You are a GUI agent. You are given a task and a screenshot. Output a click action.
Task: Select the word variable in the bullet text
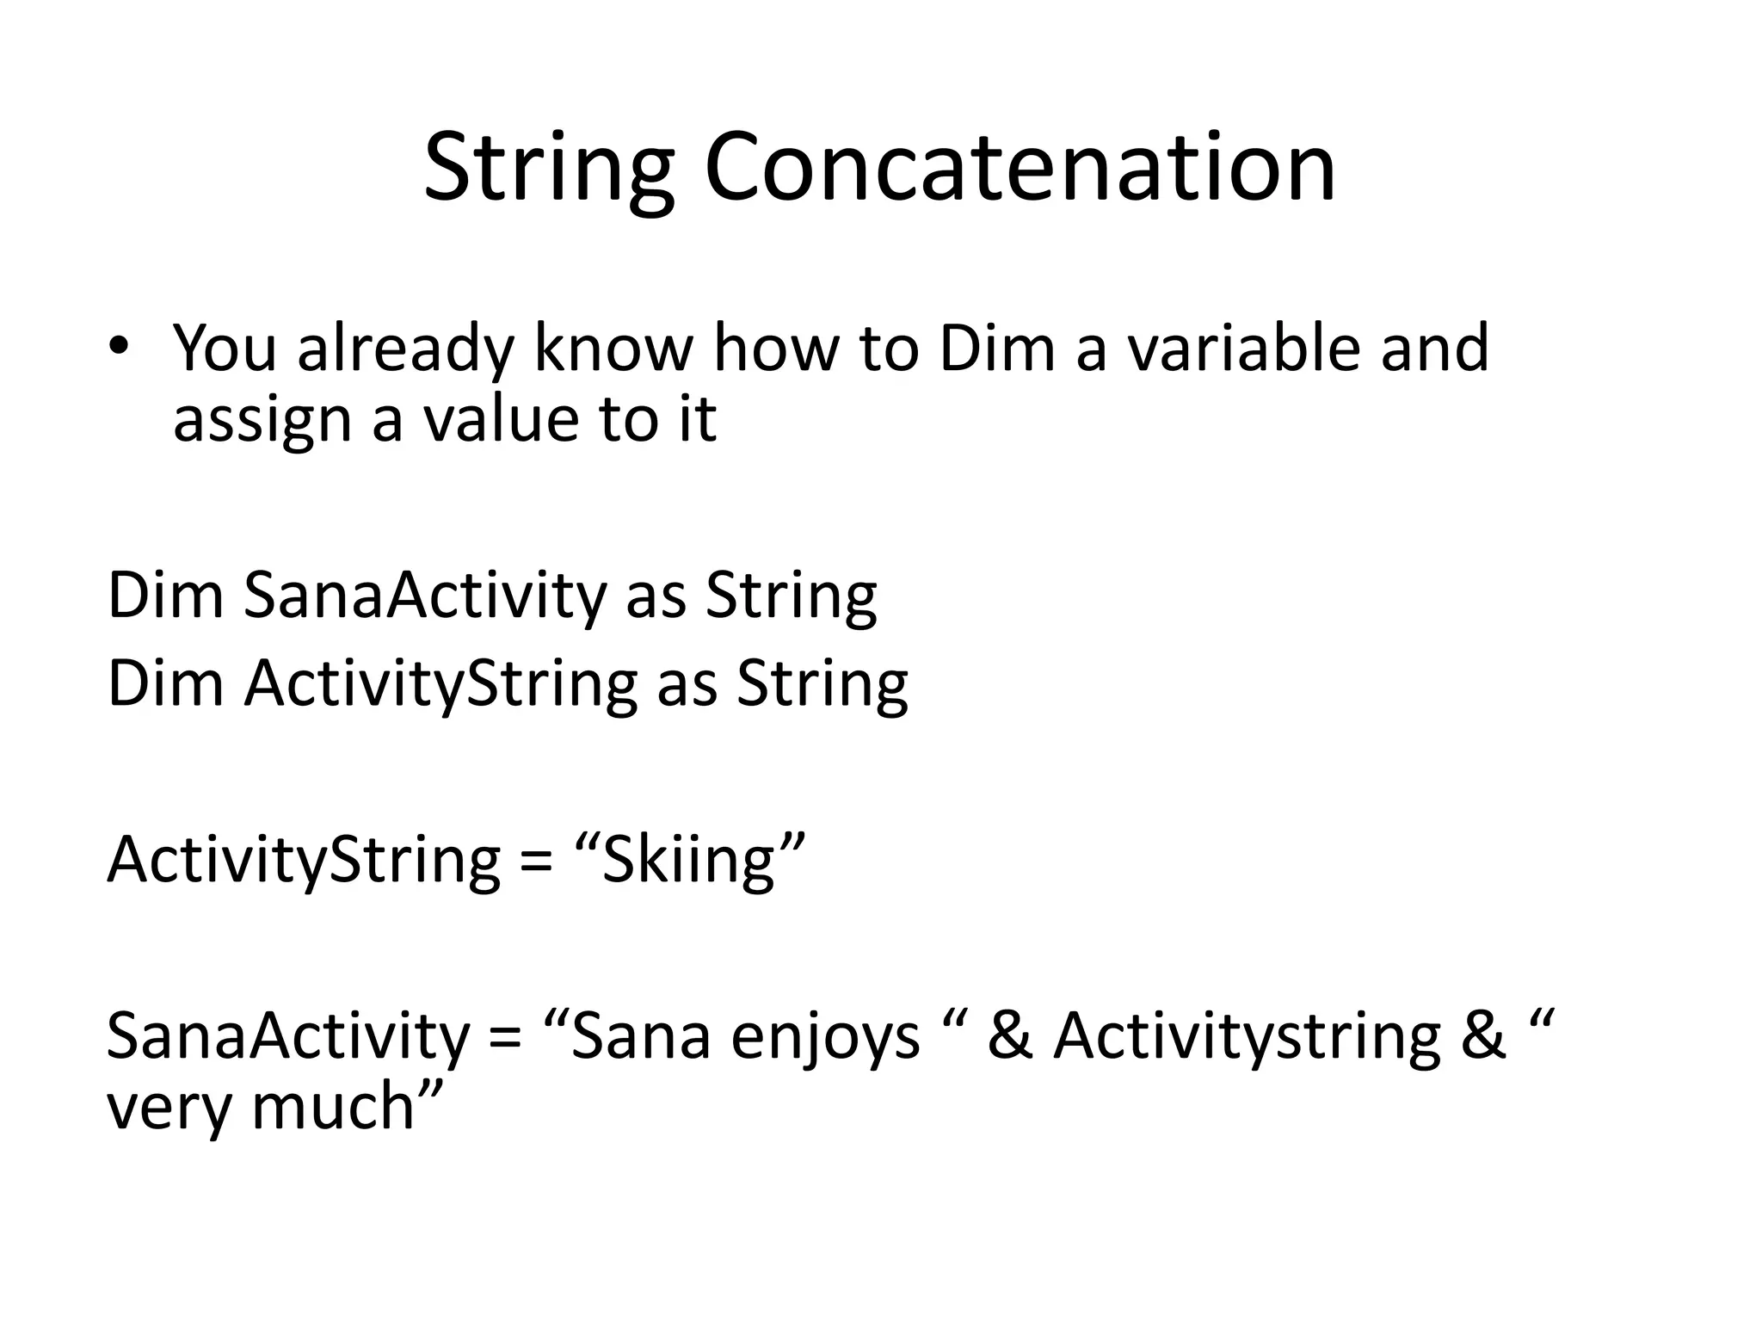[x=1243, y=348]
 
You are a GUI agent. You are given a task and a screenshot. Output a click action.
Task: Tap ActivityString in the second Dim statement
[x=440, y=684]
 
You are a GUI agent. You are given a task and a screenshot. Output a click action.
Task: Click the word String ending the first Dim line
[x=792, y=596]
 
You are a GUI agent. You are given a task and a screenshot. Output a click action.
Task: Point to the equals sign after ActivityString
[x=536, y=861]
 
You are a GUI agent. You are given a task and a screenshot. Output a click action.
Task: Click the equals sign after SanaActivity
[x=505, y=1036]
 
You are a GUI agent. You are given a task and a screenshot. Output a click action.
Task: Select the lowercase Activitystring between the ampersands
[x=1248, y=1036]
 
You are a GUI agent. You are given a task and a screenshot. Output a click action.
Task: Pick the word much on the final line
[x=332, y=1106]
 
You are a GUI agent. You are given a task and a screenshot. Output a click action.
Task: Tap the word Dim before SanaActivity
[x=164, y=596]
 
